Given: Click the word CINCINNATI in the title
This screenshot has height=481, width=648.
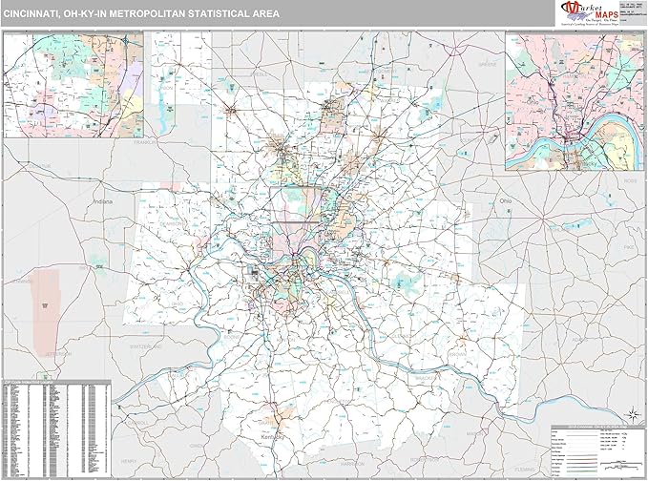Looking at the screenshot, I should [x=37, y=11].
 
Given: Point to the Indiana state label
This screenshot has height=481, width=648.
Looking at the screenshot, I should [x=102, y=202].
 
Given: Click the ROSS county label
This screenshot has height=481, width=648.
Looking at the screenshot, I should [x=628, y=178].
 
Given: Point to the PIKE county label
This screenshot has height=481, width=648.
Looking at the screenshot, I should [x=628, y=246].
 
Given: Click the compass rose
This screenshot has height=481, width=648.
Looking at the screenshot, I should [x=631, y=413].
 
